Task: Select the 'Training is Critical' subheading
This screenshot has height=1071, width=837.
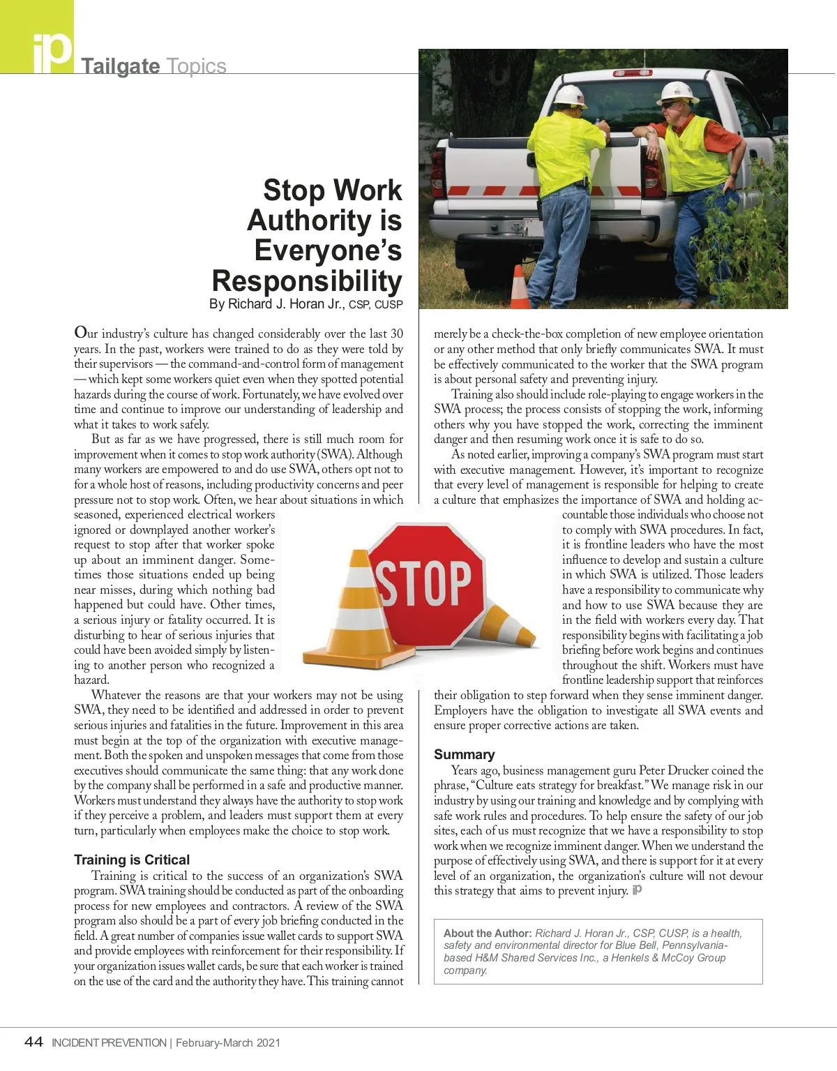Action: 132,860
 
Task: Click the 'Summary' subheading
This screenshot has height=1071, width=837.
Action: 464,754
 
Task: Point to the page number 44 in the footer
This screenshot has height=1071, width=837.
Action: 33,1042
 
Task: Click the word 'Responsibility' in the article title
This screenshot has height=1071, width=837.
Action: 307,280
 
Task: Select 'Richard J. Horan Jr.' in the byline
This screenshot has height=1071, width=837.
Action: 286,304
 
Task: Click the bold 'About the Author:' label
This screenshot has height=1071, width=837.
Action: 488,934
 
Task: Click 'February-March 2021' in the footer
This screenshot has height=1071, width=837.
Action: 228,1043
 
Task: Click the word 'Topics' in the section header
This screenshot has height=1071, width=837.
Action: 196,66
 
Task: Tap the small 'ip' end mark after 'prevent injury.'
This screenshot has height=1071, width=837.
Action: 636,890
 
